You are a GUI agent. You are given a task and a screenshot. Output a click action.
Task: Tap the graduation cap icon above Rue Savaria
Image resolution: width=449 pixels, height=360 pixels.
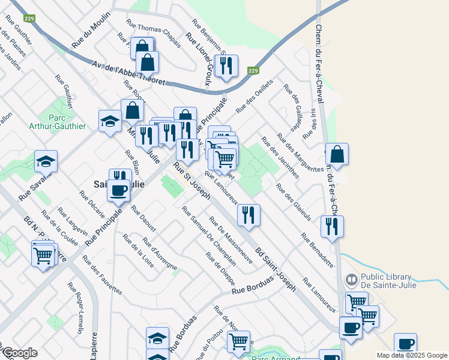coord(46,161)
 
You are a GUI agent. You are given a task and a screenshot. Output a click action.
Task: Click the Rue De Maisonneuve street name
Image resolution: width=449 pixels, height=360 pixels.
coord(231,240)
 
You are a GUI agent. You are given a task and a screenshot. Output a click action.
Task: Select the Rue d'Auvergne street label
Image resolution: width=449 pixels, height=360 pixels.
coord(160,253)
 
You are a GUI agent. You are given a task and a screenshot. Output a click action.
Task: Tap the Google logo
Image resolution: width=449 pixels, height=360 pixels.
coord(20,353)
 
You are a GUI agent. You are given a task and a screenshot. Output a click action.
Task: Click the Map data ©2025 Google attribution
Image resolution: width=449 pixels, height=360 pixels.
coord(411,355)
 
